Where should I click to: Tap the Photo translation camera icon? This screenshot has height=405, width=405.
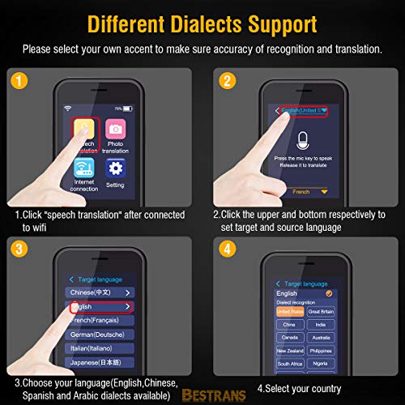click(x=116, y=130)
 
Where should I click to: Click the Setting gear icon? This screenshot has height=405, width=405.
click(x=116, y=168)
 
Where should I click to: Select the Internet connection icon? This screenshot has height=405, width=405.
click(x=84, y=168)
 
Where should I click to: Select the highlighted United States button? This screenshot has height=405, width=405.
click(x=289, y=311)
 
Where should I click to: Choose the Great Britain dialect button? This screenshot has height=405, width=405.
click(x=322, y=311)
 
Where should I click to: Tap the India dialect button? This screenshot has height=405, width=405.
click(x=322, y=324)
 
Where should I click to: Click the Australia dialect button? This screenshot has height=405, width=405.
click(x=322, y=337)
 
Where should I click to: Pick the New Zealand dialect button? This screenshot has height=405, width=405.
click(x=289, y=350)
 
